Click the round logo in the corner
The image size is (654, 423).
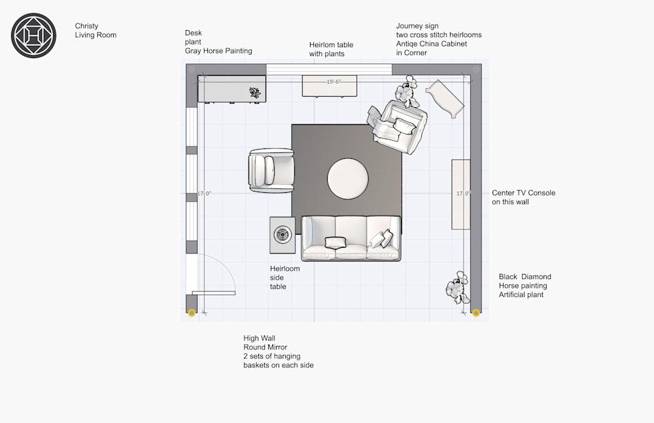(x=33, y=35)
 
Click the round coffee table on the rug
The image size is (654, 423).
(x=348, y=179)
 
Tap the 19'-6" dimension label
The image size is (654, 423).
(x=334, y=82)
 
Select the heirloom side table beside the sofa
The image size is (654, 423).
(x=283, y=235)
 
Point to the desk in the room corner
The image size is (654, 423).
(x=232, y=88)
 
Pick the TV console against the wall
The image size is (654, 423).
(x=461, y=194)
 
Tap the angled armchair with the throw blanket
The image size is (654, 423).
(x=398, y=126)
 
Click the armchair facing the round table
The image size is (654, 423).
(x=271, y=171)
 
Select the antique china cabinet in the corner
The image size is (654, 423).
(x=445, y=99)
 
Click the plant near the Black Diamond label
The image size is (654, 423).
(x=458, y=288)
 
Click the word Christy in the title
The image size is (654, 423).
(x=86, y=26)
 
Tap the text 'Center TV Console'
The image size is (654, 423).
(x=523, y=193)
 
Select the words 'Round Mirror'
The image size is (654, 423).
(x=266, y=347)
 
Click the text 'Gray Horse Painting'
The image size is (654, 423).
(x=218, y=51)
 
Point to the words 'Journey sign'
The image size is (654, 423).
(x=417, y=26)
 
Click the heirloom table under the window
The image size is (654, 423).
(x=330, y=86)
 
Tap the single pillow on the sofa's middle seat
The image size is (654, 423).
(x=336, y=243)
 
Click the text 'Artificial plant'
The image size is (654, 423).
(x=521, y=294)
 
